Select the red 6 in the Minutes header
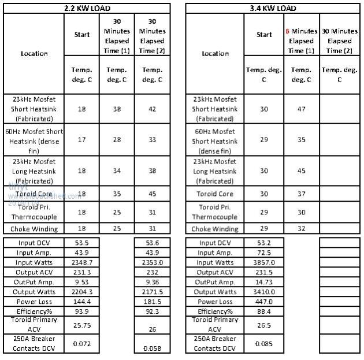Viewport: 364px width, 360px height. pos(287,31)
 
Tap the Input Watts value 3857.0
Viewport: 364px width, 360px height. pos(264,263)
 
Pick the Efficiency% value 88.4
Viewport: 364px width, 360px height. pos(264,311)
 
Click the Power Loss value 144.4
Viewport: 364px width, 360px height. pos(82,302)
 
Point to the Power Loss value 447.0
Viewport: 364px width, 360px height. pos(264,302)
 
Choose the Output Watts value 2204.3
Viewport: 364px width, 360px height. pos(82,292)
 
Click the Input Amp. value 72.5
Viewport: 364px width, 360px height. pos(264,253)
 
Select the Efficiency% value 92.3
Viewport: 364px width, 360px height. pos(153,311)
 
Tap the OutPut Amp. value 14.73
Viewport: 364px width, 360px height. pos(264,282)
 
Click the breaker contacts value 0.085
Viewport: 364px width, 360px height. pos(264,344)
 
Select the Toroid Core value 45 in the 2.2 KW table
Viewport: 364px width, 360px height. pos(153,194)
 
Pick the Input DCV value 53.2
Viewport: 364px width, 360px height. pos(264,243)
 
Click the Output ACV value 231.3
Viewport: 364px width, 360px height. pos(82,272)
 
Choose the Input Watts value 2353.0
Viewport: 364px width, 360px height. pos(153,263)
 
